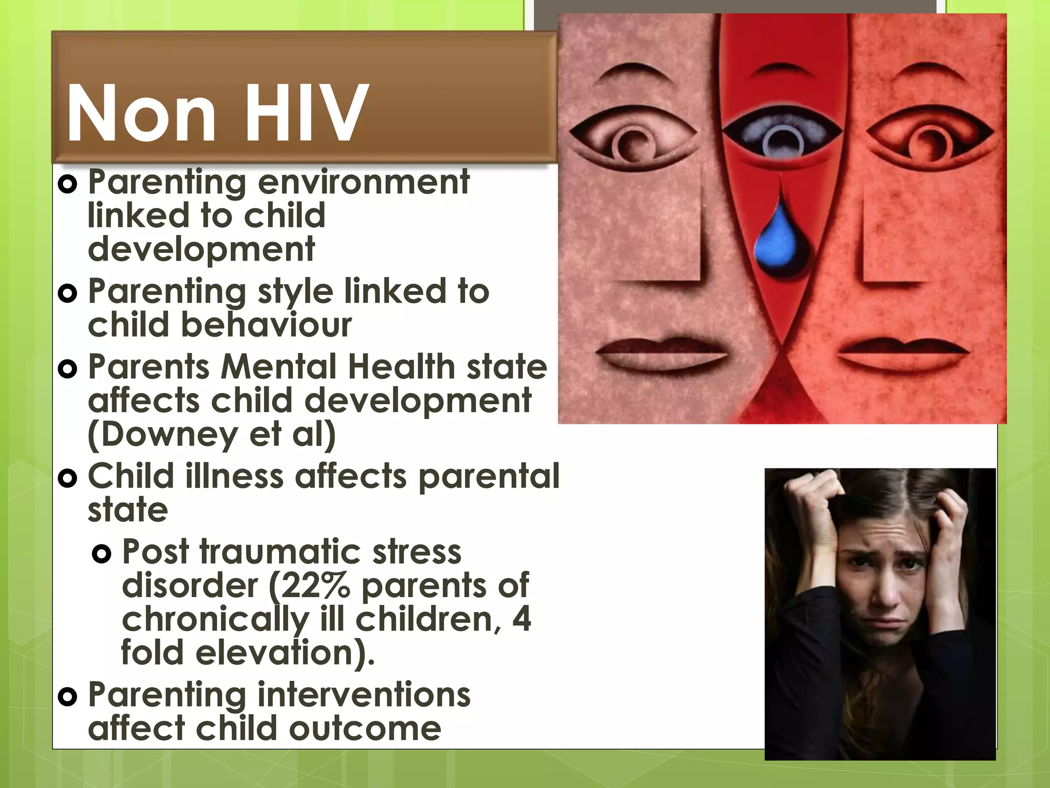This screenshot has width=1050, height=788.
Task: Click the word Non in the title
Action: coord(142,113)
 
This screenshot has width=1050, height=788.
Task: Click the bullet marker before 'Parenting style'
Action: coord(68,293)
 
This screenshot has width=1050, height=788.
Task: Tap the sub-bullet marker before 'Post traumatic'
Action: coord(102,554)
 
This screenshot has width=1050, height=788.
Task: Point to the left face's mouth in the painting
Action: coord(661,350)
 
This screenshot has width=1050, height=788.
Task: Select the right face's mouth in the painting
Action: coord(903,350)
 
